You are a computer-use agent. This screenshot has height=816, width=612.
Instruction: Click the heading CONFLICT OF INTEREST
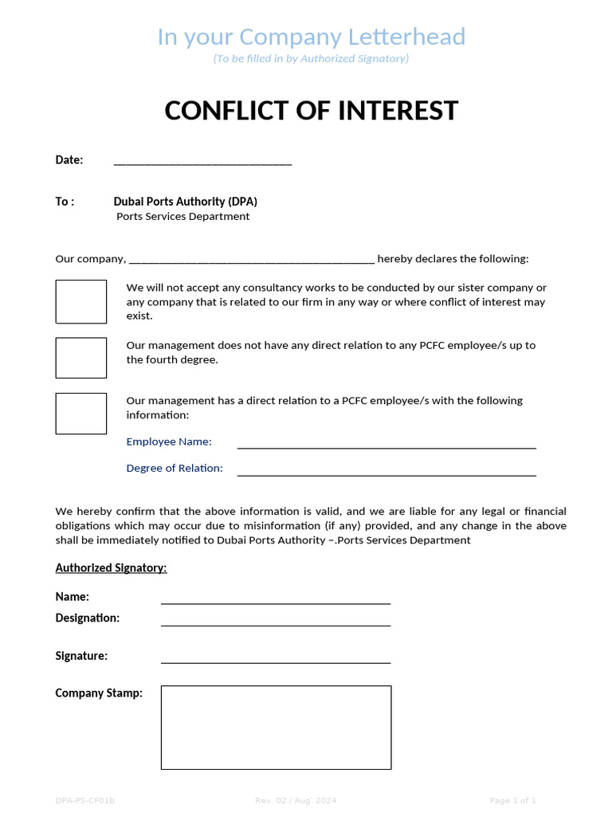tap(312, 110)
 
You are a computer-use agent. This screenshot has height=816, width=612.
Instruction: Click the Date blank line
tap(202, 162)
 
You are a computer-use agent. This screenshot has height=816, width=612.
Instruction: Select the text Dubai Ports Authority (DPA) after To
tap(185, 202)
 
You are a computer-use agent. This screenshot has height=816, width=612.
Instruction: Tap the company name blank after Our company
tap(251, 260)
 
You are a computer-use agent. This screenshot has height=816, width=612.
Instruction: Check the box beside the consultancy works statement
tap(80, 301)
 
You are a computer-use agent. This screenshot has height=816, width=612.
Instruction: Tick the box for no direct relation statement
tap(80, 358)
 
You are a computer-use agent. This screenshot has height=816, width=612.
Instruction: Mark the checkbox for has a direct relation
tap(80, 414)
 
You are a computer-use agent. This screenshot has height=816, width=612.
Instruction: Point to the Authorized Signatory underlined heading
tap(111, 568)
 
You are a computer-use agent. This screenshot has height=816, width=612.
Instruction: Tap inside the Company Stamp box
tap(276, 727)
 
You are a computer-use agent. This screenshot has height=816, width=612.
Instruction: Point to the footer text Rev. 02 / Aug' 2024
tap(296, 800)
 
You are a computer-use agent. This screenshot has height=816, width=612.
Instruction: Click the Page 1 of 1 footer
tap(512, 800)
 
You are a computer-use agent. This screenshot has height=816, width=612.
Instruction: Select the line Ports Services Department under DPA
tap(182, 217)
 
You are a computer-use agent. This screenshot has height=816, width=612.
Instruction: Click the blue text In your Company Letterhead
tap(311, 37)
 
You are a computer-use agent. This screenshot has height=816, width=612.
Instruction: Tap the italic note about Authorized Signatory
tap(311, 59)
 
